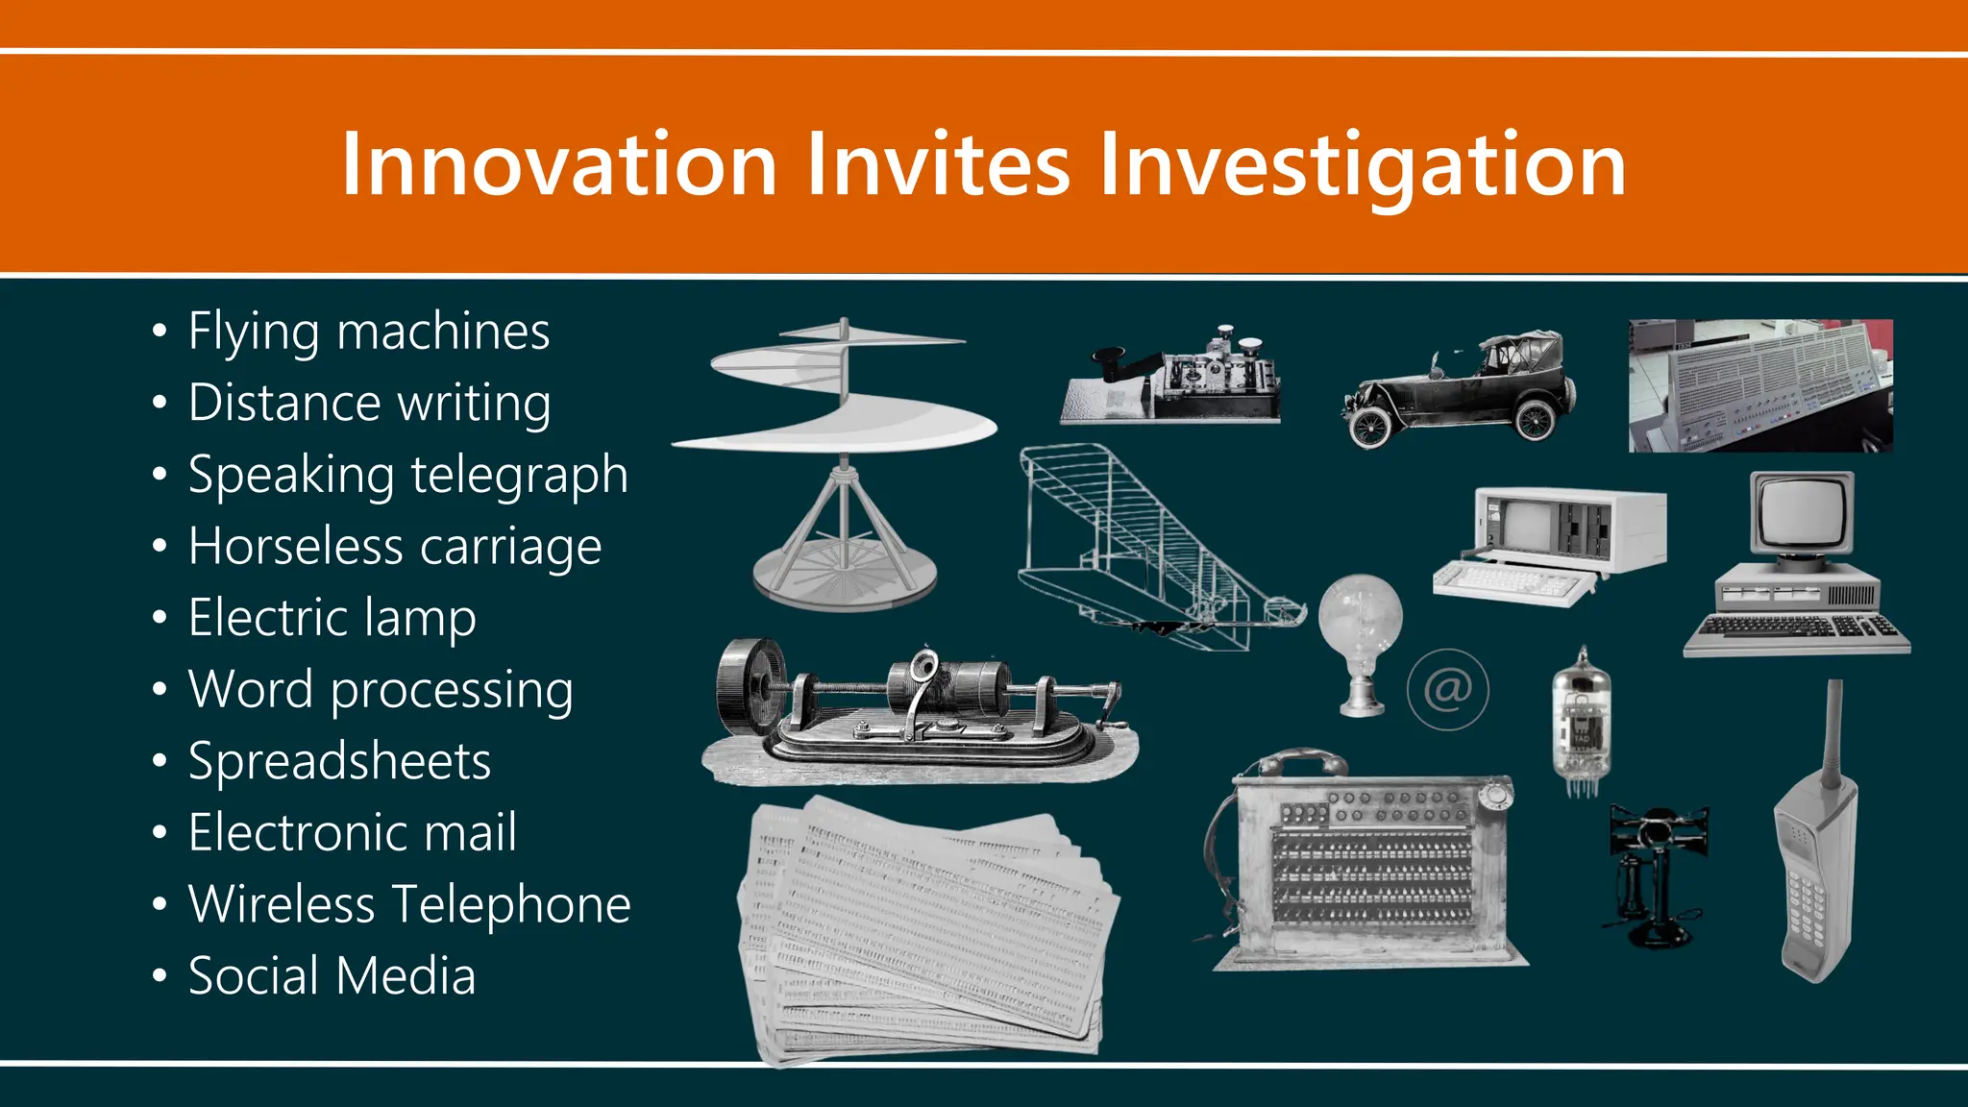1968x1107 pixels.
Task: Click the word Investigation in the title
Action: (1362, 165)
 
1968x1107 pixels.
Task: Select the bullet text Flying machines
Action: (369, 332)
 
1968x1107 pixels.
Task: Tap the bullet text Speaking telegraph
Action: (408, 476)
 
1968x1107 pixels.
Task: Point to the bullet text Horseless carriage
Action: (395, 547)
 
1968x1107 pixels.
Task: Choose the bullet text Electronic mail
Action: (353, 832)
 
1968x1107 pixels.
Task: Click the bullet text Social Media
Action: (332, 975)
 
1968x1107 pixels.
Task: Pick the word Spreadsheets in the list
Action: (340, 761)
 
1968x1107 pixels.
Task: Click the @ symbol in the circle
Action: (1447, 689)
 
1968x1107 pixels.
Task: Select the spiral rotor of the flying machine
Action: (836, 394)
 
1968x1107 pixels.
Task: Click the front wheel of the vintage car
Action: (1368, 426)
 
